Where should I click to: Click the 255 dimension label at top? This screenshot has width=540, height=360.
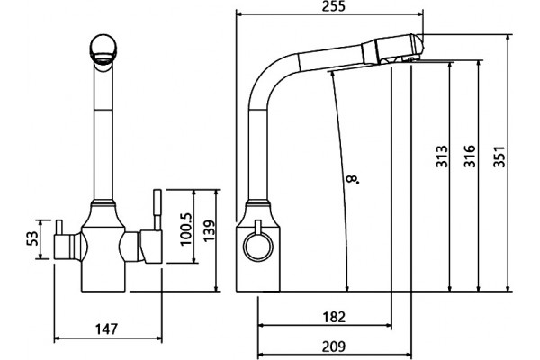coord(333,6)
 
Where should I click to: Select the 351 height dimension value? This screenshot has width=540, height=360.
coord(499,157)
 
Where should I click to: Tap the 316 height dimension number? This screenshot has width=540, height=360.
coord(470,157)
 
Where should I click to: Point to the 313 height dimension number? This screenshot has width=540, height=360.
coord(442,157)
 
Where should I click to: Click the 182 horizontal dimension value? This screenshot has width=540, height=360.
coord(334,317)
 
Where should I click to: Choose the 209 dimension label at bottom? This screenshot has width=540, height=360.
coord(334,346)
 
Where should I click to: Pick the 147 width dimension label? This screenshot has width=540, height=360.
coord(106,329)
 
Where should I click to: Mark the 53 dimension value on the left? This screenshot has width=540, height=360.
coord(32,238)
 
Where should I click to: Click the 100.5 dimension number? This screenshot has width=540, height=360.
coord(185,229)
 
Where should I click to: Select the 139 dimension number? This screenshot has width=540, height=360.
coord(209,230)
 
